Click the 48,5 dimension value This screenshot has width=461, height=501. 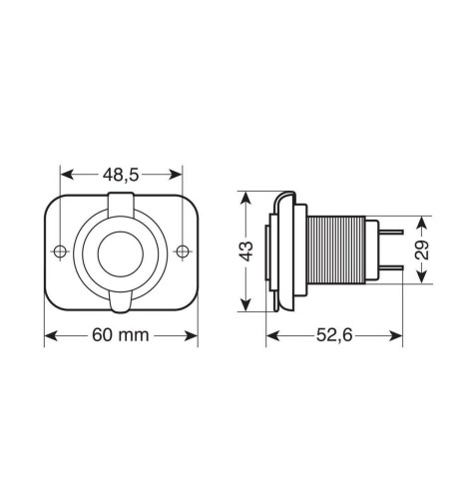point(121,173)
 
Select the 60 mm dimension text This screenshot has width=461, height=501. point(120,335)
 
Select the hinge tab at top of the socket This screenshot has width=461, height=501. point(121,203)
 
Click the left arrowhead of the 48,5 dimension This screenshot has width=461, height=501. point(64,173)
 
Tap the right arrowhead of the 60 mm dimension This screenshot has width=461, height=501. point(193,335)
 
